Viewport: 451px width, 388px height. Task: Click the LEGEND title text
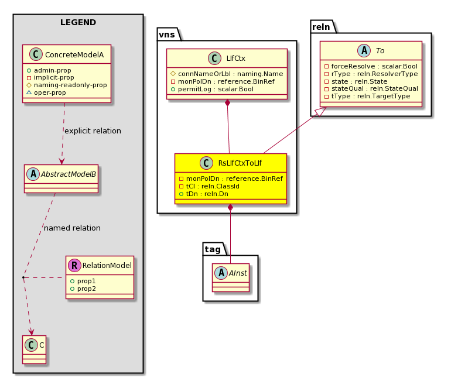(x=78, y=22)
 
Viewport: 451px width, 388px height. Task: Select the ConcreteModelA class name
(x=74, y=54)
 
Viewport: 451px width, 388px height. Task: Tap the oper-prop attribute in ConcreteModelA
(x=50, y=92)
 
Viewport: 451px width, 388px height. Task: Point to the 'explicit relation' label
(x=93, y=131)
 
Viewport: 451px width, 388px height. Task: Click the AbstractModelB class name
(x=68, y=174)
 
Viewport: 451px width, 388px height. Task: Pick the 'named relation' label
(x=72, y=228)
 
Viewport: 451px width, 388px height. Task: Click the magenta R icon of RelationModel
(x=74, y=265)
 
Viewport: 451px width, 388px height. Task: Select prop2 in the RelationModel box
(x=86, y=289)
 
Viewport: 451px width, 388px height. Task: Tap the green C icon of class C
(x=31, y=345)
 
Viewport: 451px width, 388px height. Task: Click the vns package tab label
(x=167, y=35)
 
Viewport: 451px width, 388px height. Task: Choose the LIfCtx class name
(x=235, y=59)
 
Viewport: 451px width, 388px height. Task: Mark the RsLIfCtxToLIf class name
(x=240, y=163)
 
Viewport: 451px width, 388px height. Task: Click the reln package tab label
(x=321, y=27)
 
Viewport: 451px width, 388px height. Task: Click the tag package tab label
(x=213, y=249)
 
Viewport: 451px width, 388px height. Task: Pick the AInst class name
(x=238, y=273)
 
